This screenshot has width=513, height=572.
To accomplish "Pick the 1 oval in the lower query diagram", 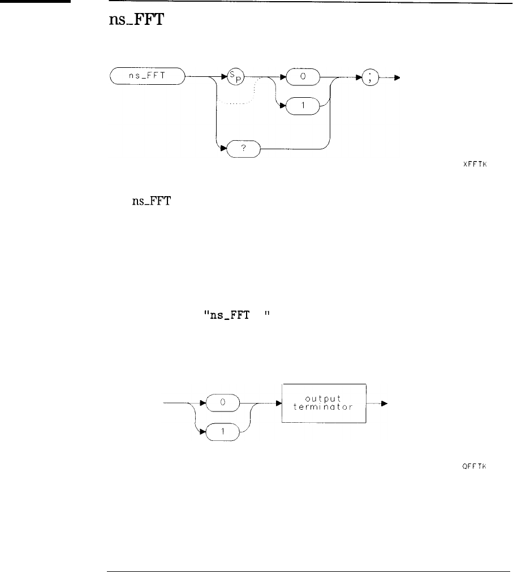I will (x=223, y=432).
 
